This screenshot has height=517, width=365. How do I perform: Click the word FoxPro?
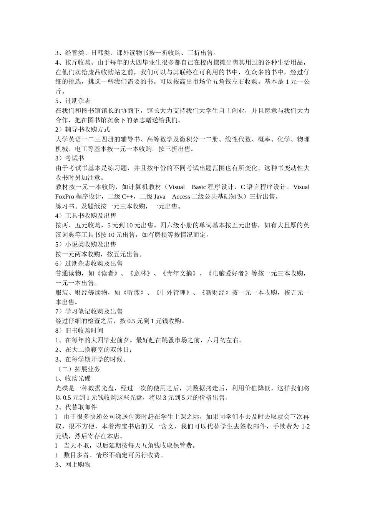[65, 197]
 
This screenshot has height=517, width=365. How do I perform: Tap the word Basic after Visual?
[199, 187]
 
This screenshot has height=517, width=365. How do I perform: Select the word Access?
[181, 197]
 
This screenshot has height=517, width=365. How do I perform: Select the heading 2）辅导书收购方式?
[83, 130]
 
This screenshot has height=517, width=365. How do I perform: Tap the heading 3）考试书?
[70, 158]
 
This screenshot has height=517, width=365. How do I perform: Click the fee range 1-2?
[305, 427]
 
